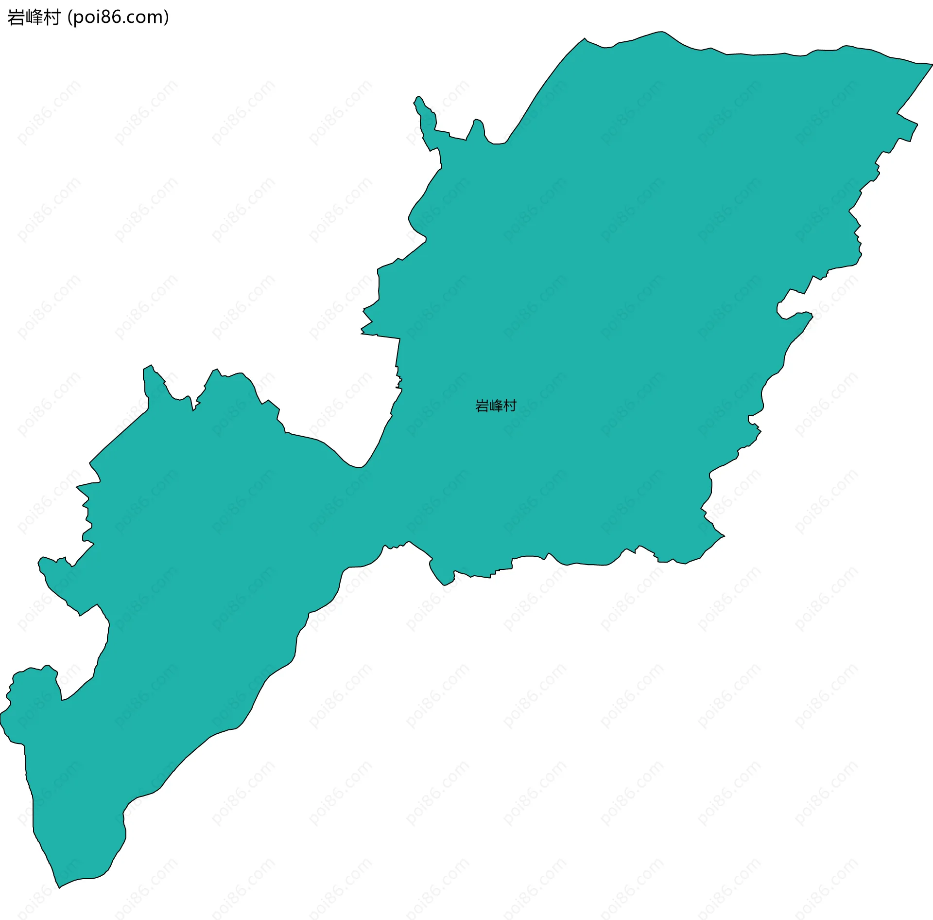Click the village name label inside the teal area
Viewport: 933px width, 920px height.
496,406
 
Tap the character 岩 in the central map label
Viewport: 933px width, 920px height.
482,406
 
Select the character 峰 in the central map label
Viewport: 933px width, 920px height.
496,406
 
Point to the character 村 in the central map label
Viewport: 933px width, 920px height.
510,406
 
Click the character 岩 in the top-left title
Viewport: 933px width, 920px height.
16,18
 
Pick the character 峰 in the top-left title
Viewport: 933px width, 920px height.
34,18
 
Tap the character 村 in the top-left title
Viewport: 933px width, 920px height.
51,18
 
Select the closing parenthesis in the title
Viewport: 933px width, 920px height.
167,18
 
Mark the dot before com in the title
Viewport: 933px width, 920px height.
123,22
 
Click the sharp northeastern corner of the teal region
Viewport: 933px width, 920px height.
932,64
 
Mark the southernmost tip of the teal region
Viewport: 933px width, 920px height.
59,887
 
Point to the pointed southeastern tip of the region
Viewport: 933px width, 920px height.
724,536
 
